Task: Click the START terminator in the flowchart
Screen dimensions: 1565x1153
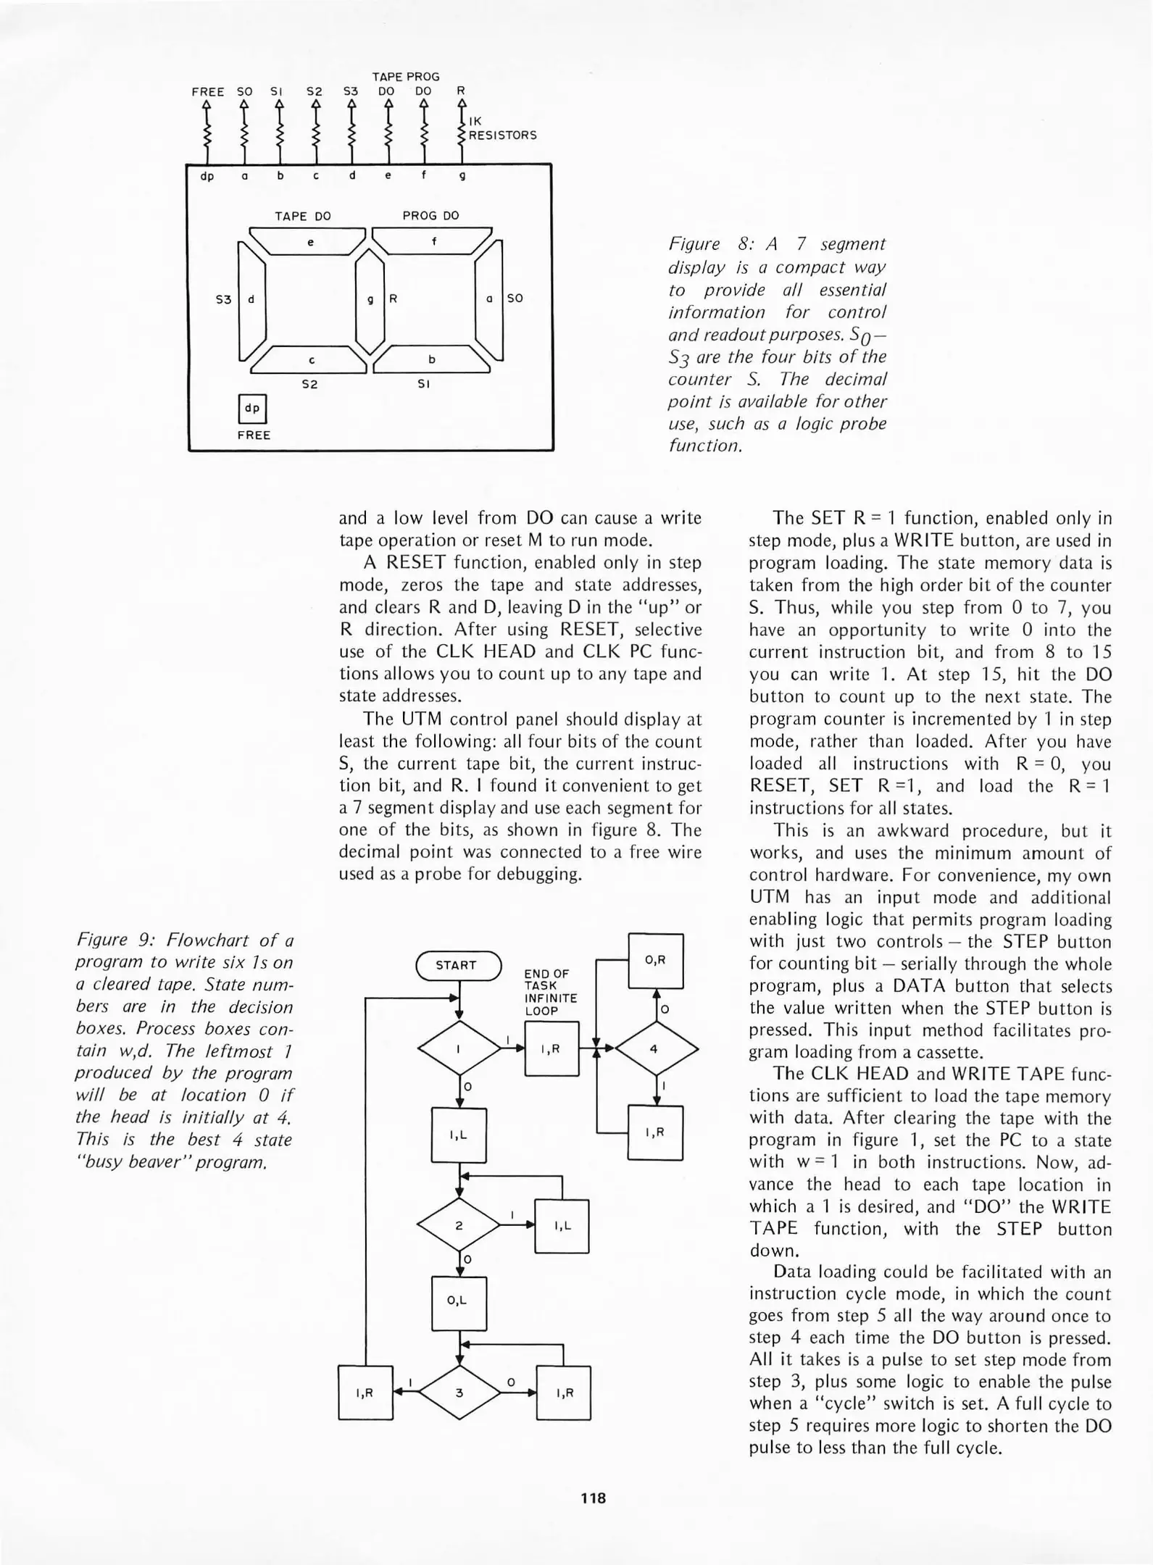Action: tap(458, 965)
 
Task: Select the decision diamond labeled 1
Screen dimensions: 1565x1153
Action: tap(459, 1048)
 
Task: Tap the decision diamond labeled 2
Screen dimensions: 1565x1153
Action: tap(459, 1226)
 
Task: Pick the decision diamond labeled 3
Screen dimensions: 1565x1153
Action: tap(459, 1393)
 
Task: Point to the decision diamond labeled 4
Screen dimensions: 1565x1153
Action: tap(656, 1048)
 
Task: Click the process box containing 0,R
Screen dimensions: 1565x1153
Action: tap(655, 961)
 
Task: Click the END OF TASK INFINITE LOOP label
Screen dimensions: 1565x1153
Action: tap(550, 992)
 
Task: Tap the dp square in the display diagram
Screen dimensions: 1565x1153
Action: tap(252, 409)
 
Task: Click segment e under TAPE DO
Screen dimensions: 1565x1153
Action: tap(309, 242)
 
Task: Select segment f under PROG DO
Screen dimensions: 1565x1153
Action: tap(433, 242)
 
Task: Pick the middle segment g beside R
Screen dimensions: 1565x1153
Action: tap(370, 299)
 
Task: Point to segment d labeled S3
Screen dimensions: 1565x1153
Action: tap(251, 299)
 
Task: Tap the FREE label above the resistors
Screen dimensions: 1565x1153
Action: tap(207, 92)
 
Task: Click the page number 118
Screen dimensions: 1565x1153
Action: tap(593, 1498)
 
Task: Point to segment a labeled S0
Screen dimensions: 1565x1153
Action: tap(489, 299)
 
